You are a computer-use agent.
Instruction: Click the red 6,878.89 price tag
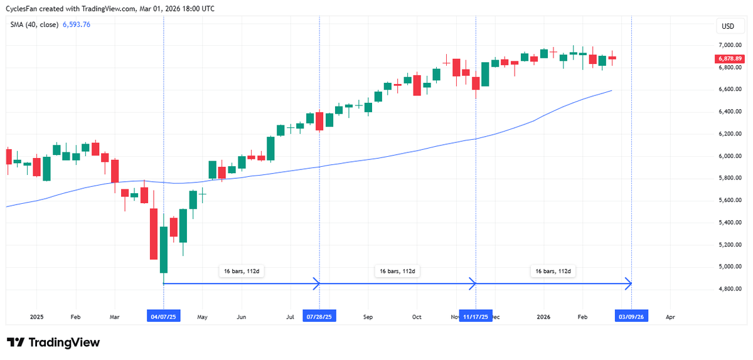click(729, 58)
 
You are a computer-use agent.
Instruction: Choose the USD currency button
click(728, 26)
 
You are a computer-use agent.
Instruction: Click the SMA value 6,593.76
click(77, 25)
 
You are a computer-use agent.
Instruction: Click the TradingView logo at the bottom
click(53, 343)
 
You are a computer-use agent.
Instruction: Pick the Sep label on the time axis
click(368, 317)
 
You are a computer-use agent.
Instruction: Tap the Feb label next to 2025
click(75, 317)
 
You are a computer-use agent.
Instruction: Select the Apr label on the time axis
click(670, 317)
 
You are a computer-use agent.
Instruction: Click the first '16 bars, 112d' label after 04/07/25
click(242, 272)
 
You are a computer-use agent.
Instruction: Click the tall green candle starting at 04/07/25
click(164, 250)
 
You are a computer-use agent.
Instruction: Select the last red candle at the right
click(612, 58)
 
